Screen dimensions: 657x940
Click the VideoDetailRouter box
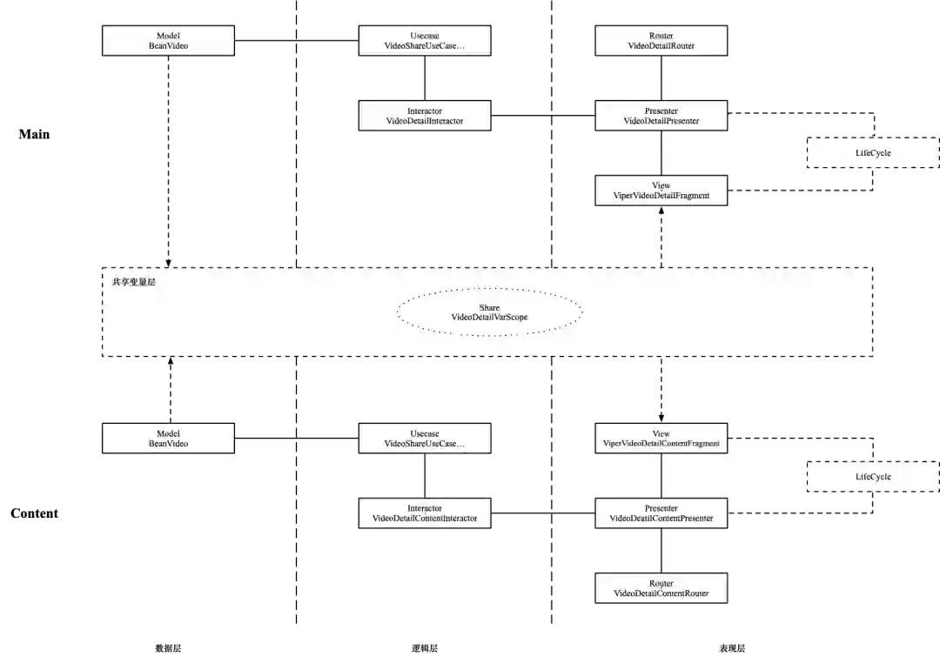tap(661, 40)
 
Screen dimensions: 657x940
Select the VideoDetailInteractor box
tap(425, 116)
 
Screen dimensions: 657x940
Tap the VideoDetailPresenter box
tap(661, 116)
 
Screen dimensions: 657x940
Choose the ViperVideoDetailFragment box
tap(661, 191)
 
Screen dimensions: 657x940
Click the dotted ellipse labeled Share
tap(489, 312)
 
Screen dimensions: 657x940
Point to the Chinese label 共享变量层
tap(134, 282)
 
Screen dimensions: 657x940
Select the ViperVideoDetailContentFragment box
tap(661, 438)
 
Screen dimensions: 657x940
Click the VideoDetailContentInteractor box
tap(425, 513)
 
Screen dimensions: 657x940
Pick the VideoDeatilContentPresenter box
tap(661, 513)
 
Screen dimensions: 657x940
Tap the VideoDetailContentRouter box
tap(661, 588)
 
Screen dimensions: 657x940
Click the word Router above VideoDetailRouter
tap(661, 36)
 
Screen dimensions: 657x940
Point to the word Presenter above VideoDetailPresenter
tap(661, 111)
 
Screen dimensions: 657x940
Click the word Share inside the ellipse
tap(489, 307)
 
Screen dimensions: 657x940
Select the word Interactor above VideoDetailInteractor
tap(425, 111)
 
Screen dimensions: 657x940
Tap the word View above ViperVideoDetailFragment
tap(661, 185)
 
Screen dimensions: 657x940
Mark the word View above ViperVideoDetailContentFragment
tap(661, 433)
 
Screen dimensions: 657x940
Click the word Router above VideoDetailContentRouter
tap(661, 583)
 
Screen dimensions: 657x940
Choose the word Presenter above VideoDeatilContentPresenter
tap(661, 508)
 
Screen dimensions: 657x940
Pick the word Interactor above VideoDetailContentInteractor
tap(425, 508)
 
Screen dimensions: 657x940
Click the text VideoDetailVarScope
tap(489, 318)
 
